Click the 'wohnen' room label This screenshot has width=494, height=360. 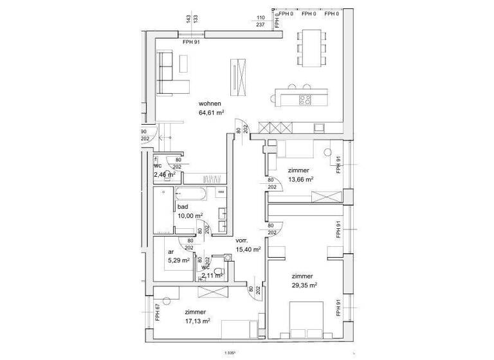[x=210, y=104]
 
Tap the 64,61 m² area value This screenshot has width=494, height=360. [x=212, y=113]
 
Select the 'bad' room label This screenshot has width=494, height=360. [x=182, y=206]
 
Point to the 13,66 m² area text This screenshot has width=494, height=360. [x=300, y=179]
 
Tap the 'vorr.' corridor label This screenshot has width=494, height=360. [x=242, y=240]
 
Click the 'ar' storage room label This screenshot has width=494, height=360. [x=171, y=252]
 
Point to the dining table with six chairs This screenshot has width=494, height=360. [x=311, y=48]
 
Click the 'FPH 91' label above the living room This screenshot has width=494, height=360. [x=192, y=42]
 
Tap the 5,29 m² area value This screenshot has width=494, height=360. [x=178, y=260]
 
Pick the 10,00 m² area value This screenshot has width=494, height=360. [x=190, y=215]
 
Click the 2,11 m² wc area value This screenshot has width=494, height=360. [x=212, y=275]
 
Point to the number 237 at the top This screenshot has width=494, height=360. [x=261, y=24]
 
